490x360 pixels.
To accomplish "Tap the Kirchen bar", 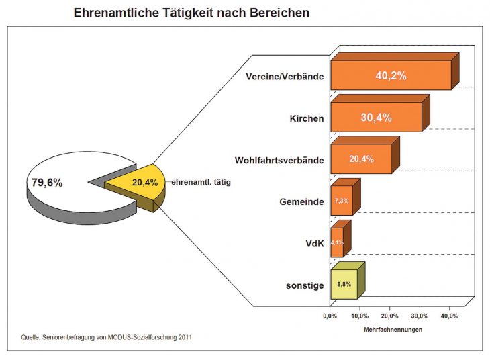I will pos(376,118).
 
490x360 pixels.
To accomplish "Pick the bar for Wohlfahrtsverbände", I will pos(360,159).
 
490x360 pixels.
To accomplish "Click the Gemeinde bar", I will pos(341,201).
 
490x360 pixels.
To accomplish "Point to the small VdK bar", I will pos(337,242).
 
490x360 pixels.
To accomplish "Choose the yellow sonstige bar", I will pos(343,285).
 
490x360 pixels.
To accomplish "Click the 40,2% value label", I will pos(391,76).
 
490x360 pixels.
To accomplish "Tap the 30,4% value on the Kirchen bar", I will pos(376,118).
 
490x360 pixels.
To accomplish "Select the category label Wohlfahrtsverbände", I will pos(279,161).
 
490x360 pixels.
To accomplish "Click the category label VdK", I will pos(314,244).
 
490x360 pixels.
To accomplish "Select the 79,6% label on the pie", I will pos(47,182).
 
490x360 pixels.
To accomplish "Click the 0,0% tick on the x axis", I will pos(329,316).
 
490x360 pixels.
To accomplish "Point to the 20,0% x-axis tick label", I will pos(389,316).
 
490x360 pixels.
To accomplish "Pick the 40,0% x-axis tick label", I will pos(449,316).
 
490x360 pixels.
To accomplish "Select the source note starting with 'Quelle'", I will pos(107,336).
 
